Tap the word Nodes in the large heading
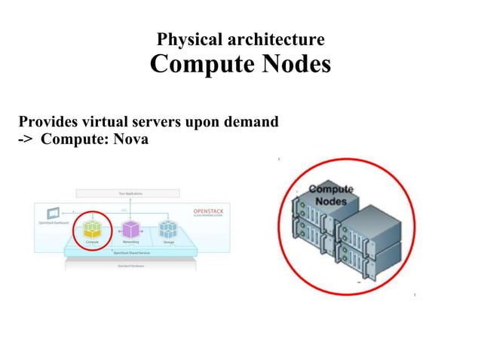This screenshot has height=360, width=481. tap(295, 64)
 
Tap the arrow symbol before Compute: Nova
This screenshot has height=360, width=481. tap(27, 139)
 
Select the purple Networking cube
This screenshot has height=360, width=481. tap(131, 229)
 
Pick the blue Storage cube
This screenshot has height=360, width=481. tap(169, 229)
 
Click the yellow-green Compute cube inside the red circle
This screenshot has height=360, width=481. tap(93, 228)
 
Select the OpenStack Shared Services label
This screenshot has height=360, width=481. tap(131, 254)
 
